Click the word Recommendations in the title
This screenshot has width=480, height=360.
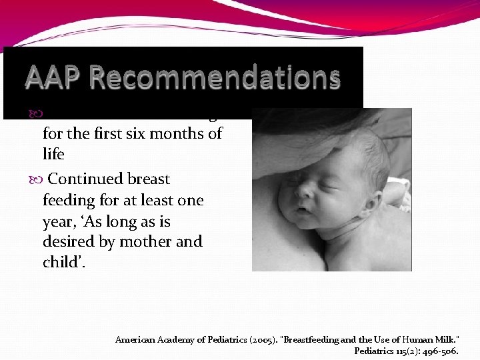point(215,78)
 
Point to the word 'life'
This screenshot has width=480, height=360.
point(53,154)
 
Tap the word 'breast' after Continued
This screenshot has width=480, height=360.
point(148,179)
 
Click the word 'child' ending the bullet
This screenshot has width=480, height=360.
point(61,263)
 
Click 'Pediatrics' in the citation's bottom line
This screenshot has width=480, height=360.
point(375,351)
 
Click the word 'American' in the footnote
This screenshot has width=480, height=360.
point(136,340)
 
